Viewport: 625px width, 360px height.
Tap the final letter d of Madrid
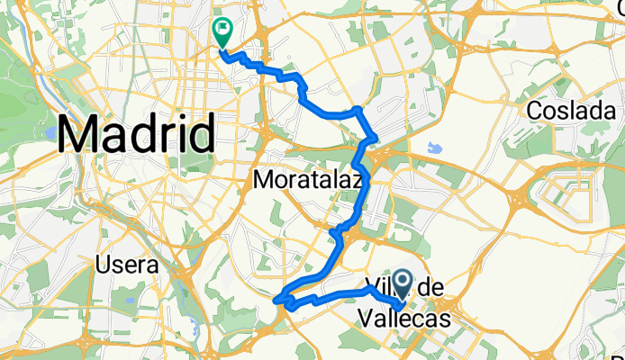tap(204, 136)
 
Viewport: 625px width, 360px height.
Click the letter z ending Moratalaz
tap(358, 181)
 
